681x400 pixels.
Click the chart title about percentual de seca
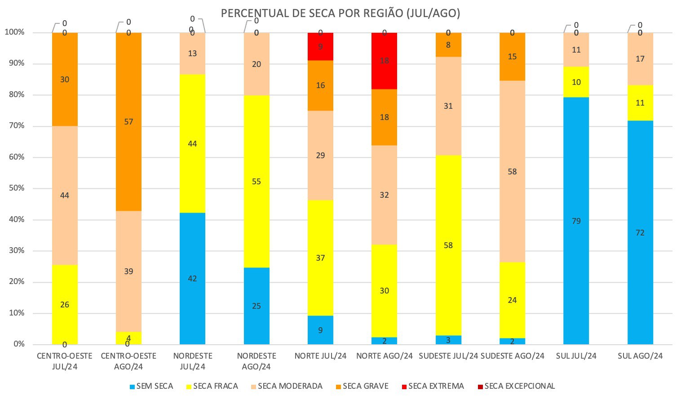tap(340, 13)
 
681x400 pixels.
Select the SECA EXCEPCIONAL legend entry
tap(516, 386)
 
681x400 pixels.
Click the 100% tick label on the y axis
tap(14, 32)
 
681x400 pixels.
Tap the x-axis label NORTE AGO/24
tap(384, 356)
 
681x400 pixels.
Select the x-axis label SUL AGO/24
tap(640, 356)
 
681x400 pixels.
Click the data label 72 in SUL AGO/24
tap(640, 233)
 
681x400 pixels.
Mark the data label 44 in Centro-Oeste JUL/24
tap(65, 196)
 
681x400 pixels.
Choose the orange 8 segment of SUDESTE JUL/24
tap(448, 45)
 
